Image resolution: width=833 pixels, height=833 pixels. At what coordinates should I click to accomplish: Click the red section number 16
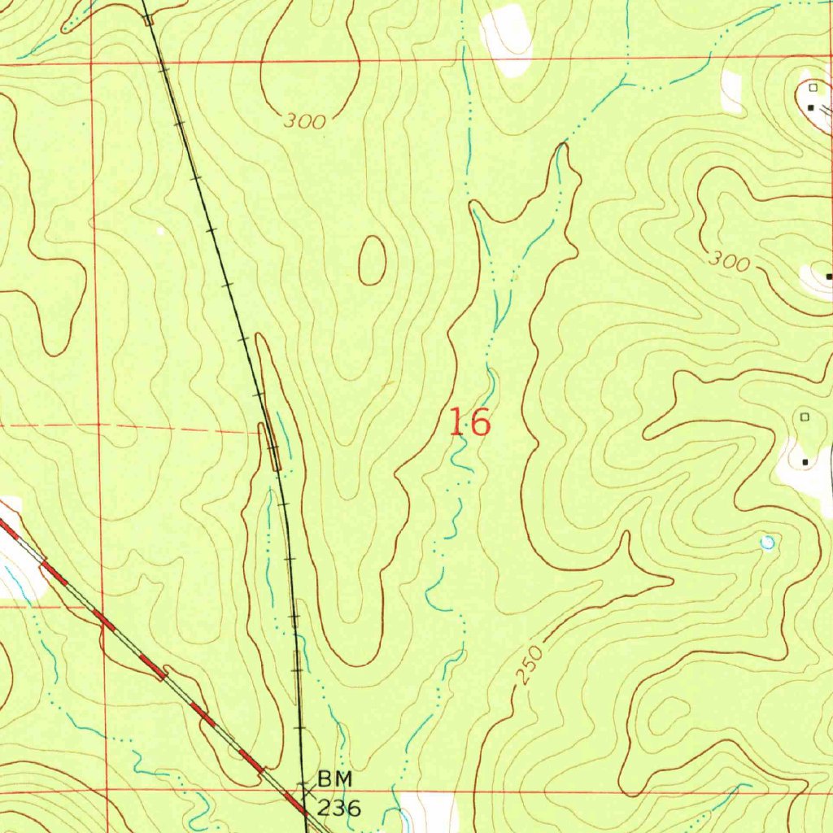click(470, 423)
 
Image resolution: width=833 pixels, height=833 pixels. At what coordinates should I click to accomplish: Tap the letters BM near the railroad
click(335, 779)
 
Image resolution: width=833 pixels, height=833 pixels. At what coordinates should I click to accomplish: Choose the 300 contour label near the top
click(305, 122)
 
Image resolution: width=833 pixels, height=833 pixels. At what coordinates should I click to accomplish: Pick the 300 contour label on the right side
click(728, 261)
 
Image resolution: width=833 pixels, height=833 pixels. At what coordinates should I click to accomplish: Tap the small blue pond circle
click(765, 542)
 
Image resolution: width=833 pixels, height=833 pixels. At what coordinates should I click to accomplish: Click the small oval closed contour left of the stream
click(372, 260)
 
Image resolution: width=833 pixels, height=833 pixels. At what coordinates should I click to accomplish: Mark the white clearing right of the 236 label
click(428, 810)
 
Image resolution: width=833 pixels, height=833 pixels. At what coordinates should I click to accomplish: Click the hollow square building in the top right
click(813, 86)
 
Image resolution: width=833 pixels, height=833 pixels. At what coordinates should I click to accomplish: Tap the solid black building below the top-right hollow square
click(810, 107)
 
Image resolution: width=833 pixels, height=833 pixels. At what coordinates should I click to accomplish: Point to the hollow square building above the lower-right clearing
click(805, 416)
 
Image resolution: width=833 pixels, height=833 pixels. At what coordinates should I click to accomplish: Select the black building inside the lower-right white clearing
click(805, 462)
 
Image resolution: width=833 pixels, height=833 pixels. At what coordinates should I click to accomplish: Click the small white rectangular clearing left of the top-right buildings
click(731, 91)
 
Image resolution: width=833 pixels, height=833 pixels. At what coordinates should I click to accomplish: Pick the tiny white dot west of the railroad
click(160, 231)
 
